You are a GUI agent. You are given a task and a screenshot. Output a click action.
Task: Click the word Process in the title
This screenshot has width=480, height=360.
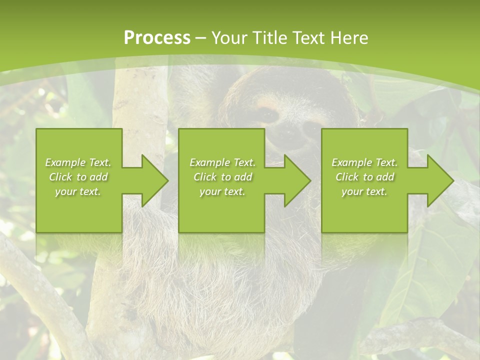pos(157,38)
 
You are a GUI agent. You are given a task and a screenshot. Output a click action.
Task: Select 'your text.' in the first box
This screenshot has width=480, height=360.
pos(78,191)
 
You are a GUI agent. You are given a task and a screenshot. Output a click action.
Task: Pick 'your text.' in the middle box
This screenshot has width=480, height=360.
pos(222,191)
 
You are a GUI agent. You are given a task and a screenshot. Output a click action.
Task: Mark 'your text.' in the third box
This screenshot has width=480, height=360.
pos(364,191)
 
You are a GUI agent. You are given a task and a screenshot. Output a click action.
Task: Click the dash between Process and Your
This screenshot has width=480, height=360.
pos(201,38)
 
